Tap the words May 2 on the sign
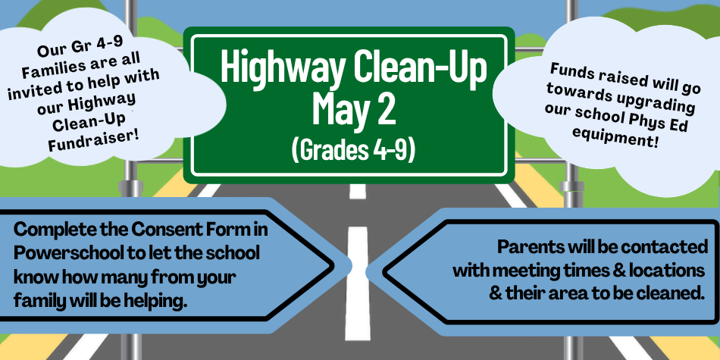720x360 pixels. [353, 110]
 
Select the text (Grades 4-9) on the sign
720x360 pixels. [352, 149]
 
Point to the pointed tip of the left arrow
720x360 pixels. [350, 265]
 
